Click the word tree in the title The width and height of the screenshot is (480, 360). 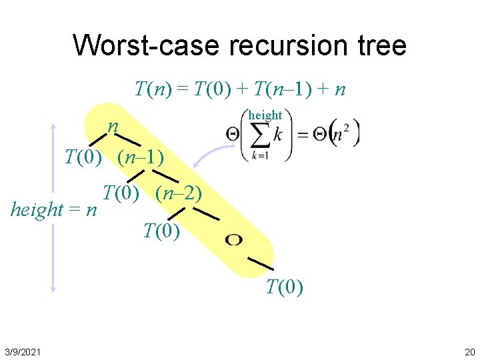point(381,45)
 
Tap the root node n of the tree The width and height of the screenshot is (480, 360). point(114,126)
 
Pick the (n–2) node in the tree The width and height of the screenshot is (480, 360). point(178,194)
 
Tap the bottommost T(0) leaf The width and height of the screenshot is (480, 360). point(285,287)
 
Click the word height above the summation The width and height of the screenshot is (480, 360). point(265,115)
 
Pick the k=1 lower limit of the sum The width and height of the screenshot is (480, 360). point(261,157)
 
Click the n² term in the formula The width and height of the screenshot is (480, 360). point(342,134)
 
